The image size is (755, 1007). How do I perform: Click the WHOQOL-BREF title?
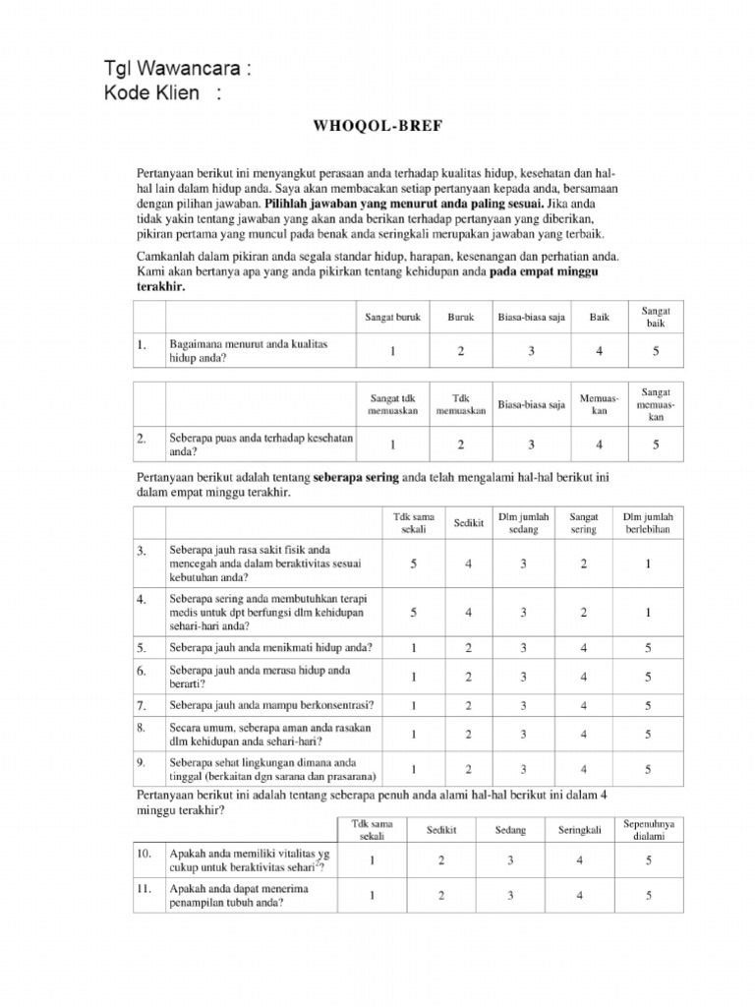pyautogui.click(x=377, y=128)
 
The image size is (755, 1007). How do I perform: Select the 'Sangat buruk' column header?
pyautogui.click(x=391, y=318)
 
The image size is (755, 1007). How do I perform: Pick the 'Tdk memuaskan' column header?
pyautogui.click(x=461, y=405)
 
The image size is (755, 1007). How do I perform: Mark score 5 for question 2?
pyautogui.click(x=656, y=444)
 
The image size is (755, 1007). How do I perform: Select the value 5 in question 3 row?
pyautogui.click(x=414, y=563)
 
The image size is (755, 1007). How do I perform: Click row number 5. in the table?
pyautogui.click(x=143, y=648)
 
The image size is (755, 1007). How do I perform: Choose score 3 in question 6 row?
pyautogui.click(x=524, y=677)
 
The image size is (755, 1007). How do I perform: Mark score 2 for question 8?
pyautogui.click(x=469, y=734)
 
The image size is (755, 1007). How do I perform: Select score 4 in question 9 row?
pyautogui.click(x=584, y=769)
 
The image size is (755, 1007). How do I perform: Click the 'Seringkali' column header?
pyautogui.click(x=580, y=830)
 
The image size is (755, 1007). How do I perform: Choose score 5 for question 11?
pyautogui.click(x=649, y=895)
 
